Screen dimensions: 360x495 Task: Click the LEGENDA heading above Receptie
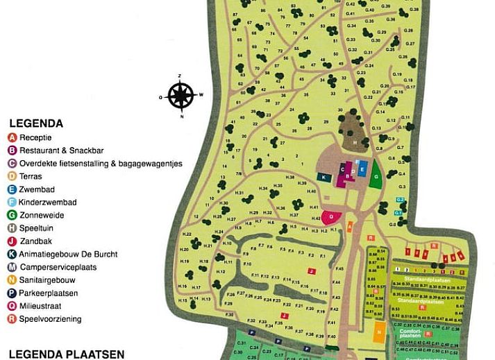(x=36, y=123)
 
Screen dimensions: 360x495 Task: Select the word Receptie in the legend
(x=35, y=137)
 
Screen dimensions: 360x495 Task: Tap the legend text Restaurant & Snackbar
(x=61, y=151)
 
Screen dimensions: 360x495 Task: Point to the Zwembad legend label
(x=37, y=189)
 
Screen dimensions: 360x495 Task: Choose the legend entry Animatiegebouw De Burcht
(x=68, y=254)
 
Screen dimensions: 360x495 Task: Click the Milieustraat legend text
(x=42, y=306)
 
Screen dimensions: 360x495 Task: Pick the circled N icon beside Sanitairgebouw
(x=12, y=280)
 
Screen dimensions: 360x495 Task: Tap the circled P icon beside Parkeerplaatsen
(x=12, y=293)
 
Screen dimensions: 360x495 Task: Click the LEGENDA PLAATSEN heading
(x=67, y=354)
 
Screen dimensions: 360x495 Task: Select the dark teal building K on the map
(x=324, y=178)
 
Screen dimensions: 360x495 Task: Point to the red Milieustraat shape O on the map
(x=332, y=216)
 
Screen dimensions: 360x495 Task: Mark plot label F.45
(x=339, y=268)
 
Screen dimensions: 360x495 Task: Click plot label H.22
(x=185, y=234)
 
